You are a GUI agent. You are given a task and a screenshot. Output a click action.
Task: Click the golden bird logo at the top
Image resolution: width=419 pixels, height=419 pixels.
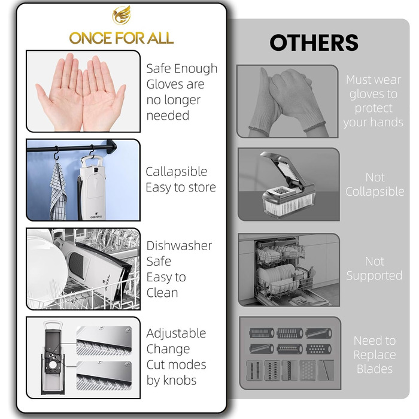tap(122, 15)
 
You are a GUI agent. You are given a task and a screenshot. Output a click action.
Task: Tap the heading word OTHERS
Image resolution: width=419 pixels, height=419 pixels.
tap(314, 42)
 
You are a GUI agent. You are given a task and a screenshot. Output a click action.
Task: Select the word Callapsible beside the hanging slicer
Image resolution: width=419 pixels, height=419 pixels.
tap(177, 172)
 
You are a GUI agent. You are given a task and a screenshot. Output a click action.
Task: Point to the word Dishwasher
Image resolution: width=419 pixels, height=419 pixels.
tap(179, 245)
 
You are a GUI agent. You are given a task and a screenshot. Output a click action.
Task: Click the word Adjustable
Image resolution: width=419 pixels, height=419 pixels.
tap(176, 333)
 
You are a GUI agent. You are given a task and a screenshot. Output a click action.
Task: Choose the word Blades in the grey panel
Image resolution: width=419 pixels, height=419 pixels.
tap(375, 369)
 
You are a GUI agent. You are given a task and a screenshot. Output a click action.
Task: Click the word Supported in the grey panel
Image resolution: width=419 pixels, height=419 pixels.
tap(374, 276)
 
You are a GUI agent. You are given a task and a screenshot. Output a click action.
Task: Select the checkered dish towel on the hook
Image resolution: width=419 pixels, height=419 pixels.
tap(57, 192)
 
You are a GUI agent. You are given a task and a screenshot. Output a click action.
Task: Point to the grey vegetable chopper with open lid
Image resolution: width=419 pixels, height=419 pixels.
tap(288, 184)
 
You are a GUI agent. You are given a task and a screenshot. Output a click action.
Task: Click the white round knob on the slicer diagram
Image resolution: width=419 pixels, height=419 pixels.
tap(53, 365)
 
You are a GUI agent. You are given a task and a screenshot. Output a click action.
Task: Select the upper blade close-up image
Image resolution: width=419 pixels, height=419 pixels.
tap(104, 341)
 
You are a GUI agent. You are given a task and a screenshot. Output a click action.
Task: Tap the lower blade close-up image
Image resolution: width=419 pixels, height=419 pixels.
tap(104, 376)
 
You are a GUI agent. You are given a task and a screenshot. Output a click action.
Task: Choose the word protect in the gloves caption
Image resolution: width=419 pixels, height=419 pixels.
tap(374, 108)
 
